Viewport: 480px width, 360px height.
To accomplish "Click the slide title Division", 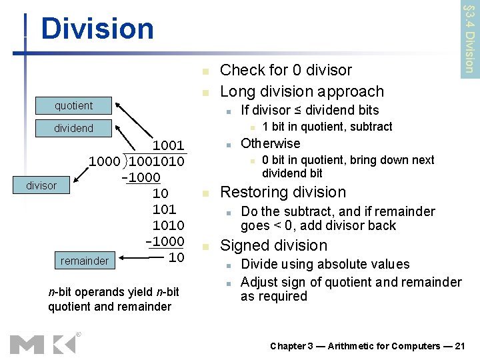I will pyautogui.click(x=97, y=29).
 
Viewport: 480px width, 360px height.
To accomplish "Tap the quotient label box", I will pyautogui.click(x=74, y=106).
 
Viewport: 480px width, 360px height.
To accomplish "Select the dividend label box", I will pyautogui.click(x=74, y=128).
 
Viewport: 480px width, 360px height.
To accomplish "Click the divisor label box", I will pyautogui.click(x=41, y=185).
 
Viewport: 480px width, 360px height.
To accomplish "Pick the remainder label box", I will pyautogui.click(x=84, y=261).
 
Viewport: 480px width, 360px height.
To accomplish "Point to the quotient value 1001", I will pyautogui.click(x=169, y=145).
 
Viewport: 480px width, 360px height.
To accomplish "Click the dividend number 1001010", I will pyautogui.click(x=157, y=161).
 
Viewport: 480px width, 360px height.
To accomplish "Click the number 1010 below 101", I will pyautogui.click(x=168, y=225).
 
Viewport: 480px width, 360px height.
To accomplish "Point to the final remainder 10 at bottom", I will pyautogui.click(x=176, y=257).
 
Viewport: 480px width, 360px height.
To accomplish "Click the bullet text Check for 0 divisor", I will pyautogui.click(x=285, y=70).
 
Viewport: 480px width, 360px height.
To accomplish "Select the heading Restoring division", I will pyautogui.click(x=283, y=192).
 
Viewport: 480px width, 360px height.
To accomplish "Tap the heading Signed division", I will pyautogui.click(x=273, y=245).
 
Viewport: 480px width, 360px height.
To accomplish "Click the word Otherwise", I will pyautogui.click(x=270, y=143).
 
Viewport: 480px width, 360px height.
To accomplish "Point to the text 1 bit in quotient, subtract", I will pyautogui.click(x=327, y=127).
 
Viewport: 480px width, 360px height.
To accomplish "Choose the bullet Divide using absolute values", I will pyautogui.click(x=325, y=265).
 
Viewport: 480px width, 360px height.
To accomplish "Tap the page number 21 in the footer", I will pyautogui.click(x=459, y=346).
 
